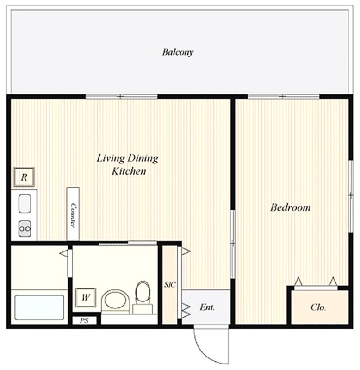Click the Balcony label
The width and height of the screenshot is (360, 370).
[x=178, y=52]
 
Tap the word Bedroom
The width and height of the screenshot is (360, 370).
[x=290, y=207]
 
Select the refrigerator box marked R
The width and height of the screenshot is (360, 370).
[x=24, y=177]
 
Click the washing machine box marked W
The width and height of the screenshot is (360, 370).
[x=86, y=298]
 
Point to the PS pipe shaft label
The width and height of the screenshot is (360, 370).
[x=84, y=321]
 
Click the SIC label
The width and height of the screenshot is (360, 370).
[x=170, y=285]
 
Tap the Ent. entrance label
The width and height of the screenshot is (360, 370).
[x=207, y=307]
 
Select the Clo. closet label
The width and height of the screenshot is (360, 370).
[x=318, y=307]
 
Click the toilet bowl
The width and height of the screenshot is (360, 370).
[x=143, y=293]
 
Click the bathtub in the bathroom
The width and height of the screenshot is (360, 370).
[x=39, y=307]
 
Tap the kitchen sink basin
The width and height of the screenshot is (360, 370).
[x=25, y=204]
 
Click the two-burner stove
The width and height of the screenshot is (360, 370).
[x=25, y=228]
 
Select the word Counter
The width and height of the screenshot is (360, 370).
[x=73, y=215]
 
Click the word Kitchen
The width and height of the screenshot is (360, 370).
[x=129, y=171]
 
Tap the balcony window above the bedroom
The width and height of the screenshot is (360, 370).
[x=283, y=96]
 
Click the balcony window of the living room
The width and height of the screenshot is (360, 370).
[x=121, y=96]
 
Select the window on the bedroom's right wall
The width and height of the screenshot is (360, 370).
[x=351, y=196]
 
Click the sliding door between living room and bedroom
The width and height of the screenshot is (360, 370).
[x=232, y=244]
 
